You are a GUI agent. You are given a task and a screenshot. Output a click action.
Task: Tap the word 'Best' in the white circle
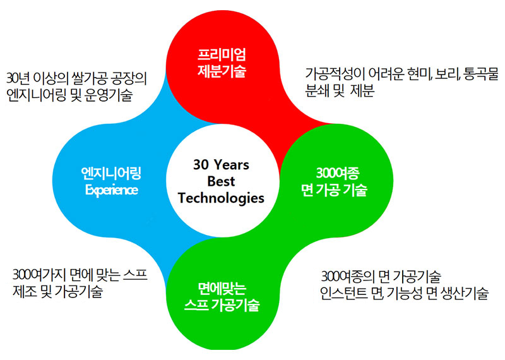[x=221, y=181]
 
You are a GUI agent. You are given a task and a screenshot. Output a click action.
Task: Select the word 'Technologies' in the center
[x=221, y=198]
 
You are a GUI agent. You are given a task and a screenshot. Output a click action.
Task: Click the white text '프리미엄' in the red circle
[x=222, y=55]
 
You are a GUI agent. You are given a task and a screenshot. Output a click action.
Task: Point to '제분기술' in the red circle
[x=222, y=71]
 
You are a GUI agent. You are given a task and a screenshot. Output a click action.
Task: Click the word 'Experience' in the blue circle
[x=112, y=189]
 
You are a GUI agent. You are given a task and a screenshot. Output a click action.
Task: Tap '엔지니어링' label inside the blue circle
[x=111, y=173]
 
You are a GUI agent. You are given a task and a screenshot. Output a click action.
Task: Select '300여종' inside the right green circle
[x=337, y=173]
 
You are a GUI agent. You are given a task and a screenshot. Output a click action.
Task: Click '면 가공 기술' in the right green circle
[x=335, y=189]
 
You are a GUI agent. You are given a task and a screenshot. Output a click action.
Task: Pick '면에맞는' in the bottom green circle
[x=222, y=289]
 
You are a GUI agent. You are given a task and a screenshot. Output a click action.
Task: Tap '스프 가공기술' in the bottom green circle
[x=222, y=304]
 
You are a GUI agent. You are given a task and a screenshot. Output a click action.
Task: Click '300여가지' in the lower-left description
[x=40, y=275]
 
